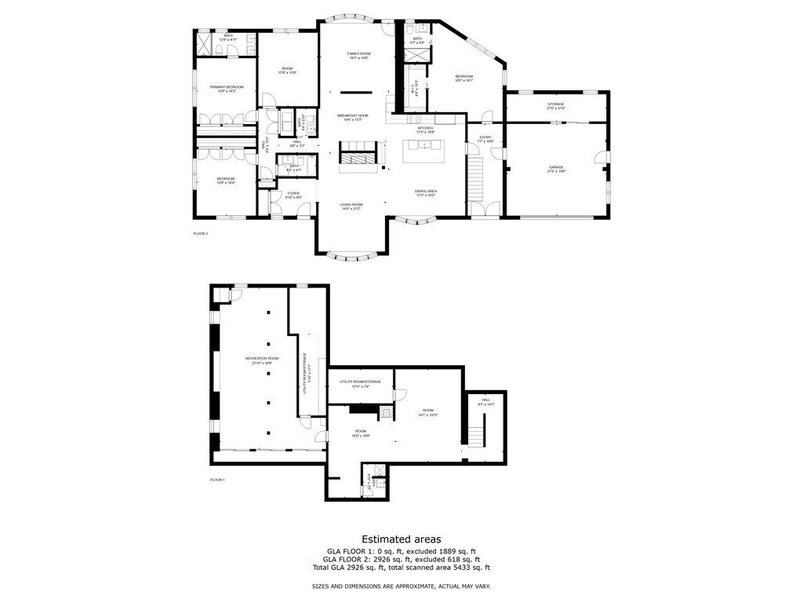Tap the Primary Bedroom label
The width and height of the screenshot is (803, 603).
(x=226, y=88)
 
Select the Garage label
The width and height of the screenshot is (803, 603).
(x=556, y=168)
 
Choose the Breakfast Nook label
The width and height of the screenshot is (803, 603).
(x=353, y=117)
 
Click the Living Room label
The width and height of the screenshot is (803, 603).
(x=351, y=205)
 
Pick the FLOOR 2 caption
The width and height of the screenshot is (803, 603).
(x=201, y=233)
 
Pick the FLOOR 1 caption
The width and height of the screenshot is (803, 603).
(x=217, y=479)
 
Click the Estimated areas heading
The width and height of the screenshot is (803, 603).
(x=401, y=539)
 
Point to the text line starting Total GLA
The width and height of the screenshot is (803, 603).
(x=401, y=567)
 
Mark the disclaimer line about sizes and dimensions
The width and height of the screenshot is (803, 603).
(x=401, y=587)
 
